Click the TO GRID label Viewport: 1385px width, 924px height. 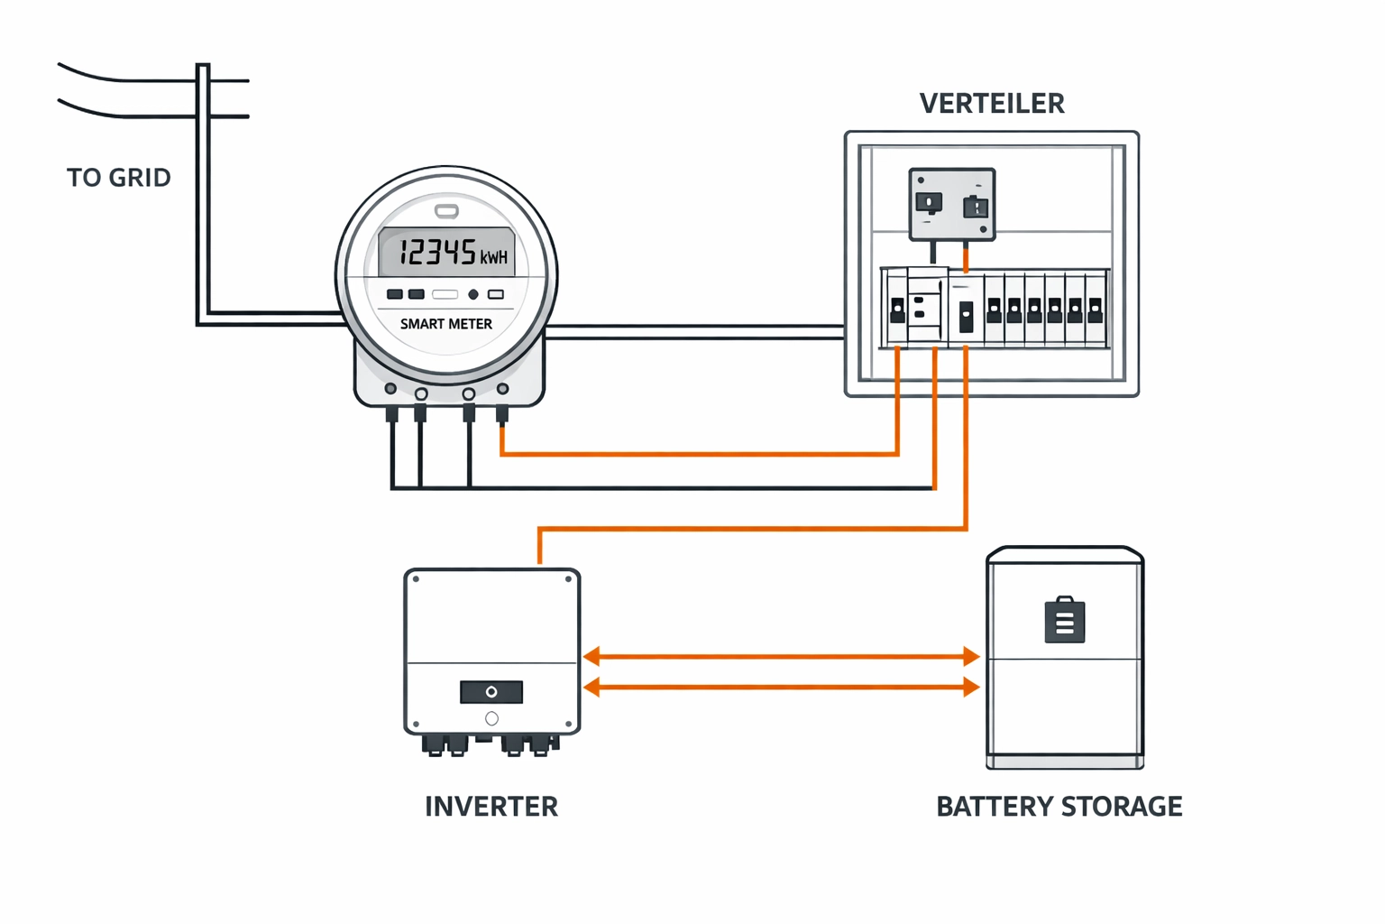118,178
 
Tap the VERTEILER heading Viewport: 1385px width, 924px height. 992,104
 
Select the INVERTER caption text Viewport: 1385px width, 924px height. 491,806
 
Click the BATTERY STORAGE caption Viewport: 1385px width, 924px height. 1059,806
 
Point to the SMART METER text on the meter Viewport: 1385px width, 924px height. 446,324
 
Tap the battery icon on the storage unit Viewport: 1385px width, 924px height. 1064,621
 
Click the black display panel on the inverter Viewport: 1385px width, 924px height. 491,692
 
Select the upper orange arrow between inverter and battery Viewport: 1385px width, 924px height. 781,657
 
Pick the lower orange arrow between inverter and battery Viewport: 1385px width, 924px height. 781,688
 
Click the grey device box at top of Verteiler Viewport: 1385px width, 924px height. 951,204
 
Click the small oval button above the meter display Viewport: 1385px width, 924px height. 446,211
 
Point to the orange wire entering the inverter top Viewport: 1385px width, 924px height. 539,547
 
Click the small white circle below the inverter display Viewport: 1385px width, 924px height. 491,719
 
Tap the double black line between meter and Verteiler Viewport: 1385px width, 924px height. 694,332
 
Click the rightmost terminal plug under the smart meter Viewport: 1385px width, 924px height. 502,414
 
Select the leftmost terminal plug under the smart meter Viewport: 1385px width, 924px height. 392,414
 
